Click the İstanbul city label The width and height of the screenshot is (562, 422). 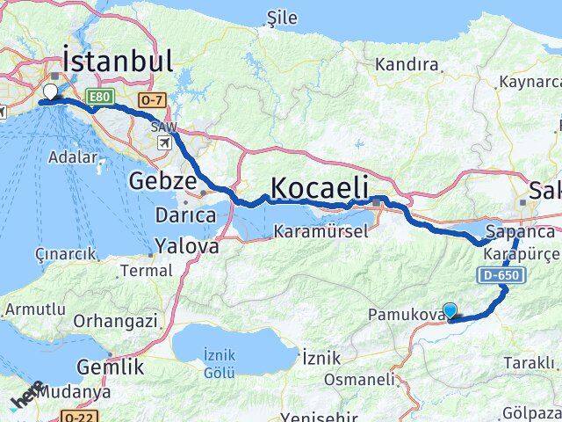click(x=118, y=61)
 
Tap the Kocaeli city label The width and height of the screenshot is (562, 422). click(x=324, y=186)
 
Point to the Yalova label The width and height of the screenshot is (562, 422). click(x=187, y=246)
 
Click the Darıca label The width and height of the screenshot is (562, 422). click(x=184, y=215)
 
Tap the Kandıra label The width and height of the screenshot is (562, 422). click(x=406, y=64)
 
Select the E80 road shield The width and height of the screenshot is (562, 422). click(x=97, y=94)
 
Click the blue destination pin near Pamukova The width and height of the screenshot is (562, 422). click(x=450, y=309)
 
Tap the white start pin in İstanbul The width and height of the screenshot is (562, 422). click(x=50, y=91)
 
